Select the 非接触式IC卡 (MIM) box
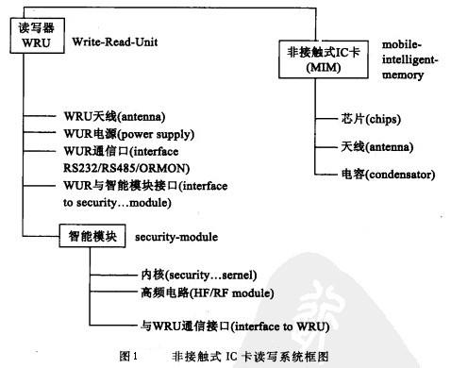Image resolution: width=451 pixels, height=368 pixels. tap(321, 59)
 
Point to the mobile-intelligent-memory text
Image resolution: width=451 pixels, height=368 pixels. tap(414, 59)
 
